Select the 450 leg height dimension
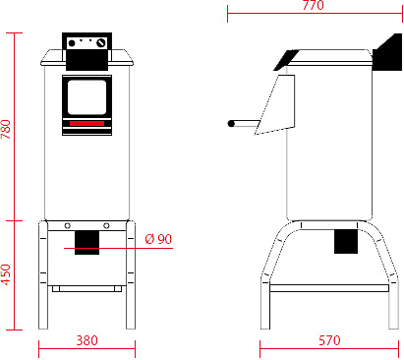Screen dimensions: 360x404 (7, 274)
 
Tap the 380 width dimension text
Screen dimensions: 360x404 (87, 341)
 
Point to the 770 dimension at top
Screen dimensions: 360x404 (313, 6)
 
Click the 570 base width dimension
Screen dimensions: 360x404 (329, 341)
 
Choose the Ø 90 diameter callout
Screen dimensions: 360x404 (157, 239)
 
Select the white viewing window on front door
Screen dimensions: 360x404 (87, 96)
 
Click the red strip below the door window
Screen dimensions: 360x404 (87, 123)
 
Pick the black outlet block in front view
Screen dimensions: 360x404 (87, 240)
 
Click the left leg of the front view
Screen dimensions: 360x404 (43, 280)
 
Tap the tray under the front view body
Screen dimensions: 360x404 (87, 288)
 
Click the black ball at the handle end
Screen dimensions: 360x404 (232, 124)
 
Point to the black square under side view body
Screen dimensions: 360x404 (346, 240)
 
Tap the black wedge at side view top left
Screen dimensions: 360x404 (287, 58)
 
